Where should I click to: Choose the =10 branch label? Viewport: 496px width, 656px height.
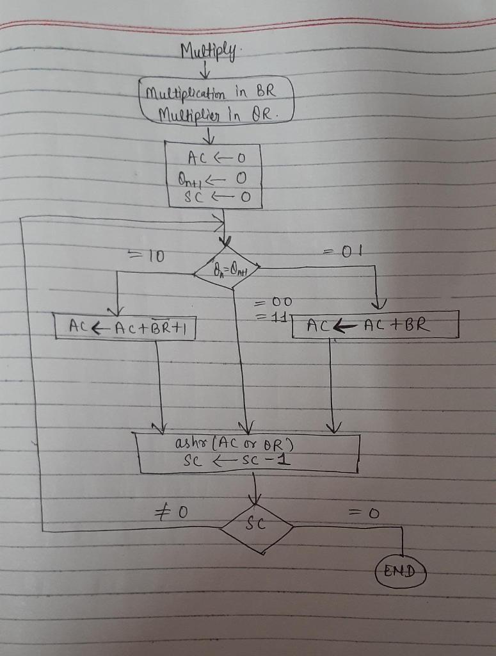point(147,256)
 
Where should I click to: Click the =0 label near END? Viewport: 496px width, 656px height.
point(364,513)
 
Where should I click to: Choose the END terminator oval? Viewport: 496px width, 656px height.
point(400,570)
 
